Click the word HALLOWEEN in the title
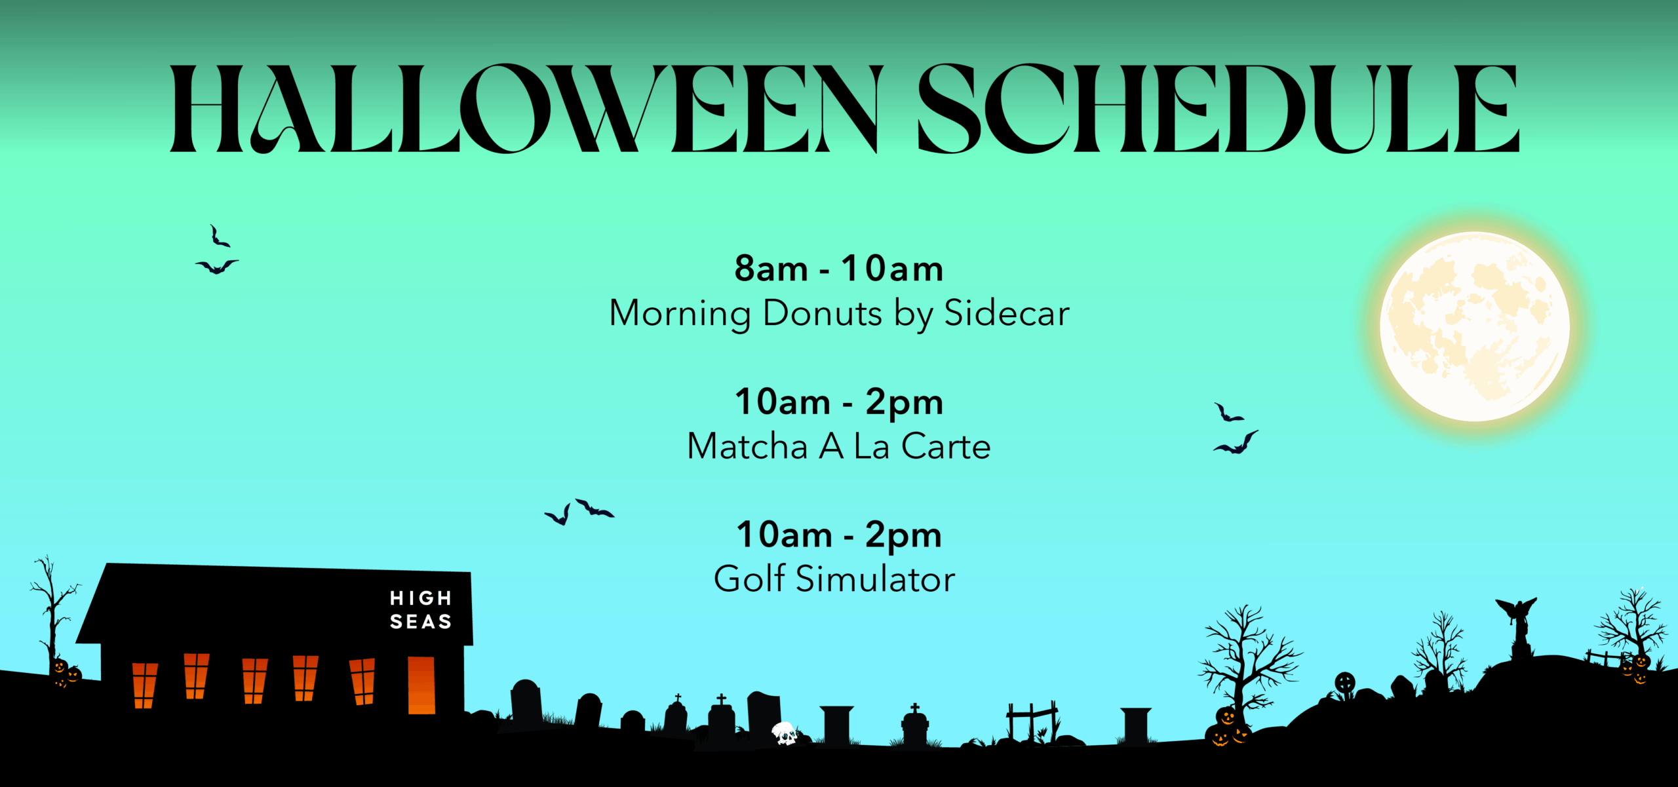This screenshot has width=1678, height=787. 524,109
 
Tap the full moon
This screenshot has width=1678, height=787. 1474,326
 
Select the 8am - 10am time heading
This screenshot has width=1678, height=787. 838,269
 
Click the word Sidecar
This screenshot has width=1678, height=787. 1006,313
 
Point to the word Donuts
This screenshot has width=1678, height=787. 822,313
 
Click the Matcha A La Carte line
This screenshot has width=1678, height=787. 838,447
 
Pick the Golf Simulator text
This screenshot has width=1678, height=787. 834,580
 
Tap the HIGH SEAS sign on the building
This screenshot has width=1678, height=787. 420,610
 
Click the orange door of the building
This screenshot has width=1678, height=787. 421,685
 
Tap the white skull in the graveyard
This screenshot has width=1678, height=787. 784,733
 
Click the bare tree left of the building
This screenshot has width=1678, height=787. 51,609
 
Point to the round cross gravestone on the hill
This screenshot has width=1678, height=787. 1344,683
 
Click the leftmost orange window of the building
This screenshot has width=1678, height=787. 144,685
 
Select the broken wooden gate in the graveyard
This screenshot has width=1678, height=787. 1032,721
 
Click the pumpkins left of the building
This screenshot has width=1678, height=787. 66,674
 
